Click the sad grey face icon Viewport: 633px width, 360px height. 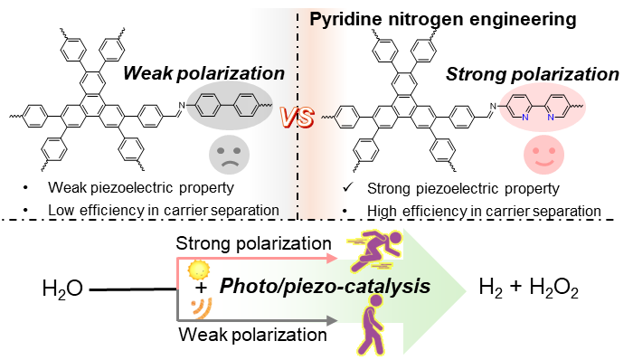230,155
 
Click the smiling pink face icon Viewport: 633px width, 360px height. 543,155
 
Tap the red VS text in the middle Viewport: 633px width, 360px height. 298,117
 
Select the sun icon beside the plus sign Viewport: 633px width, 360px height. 199,270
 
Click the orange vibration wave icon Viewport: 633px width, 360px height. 202,308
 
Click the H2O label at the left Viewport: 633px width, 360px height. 62,289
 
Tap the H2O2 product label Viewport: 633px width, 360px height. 553,289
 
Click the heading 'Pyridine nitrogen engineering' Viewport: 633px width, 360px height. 443,19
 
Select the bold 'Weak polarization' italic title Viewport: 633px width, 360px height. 203,73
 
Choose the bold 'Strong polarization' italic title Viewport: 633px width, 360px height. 532,74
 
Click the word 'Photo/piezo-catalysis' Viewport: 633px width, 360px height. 325,286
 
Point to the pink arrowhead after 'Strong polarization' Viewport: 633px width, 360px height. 332,258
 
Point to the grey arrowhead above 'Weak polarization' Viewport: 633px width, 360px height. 332,320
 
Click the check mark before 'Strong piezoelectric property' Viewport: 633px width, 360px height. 347,187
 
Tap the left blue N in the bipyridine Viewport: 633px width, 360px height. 524,117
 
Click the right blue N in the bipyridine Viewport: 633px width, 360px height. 550,117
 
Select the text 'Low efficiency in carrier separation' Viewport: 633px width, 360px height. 164,210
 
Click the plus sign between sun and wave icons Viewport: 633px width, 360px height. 201,288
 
